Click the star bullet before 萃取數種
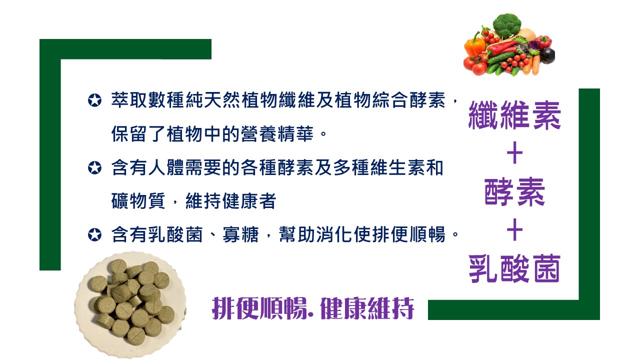94,100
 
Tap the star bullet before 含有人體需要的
94,167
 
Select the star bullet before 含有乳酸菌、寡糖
94,234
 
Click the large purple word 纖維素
514,115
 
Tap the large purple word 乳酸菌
514,268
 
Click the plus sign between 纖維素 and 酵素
514,153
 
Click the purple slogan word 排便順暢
259,308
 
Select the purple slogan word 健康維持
367,308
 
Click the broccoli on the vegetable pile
507,25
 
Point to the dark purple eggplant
546,55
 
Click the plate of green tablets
130,304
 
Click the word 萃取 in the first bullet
129,100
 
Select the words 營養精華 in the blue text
277,134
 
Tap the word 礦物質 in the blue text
138,201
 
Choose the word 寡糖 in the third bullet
240,234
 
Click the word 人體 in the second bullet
166,167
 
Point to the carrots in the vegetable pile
531,65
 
